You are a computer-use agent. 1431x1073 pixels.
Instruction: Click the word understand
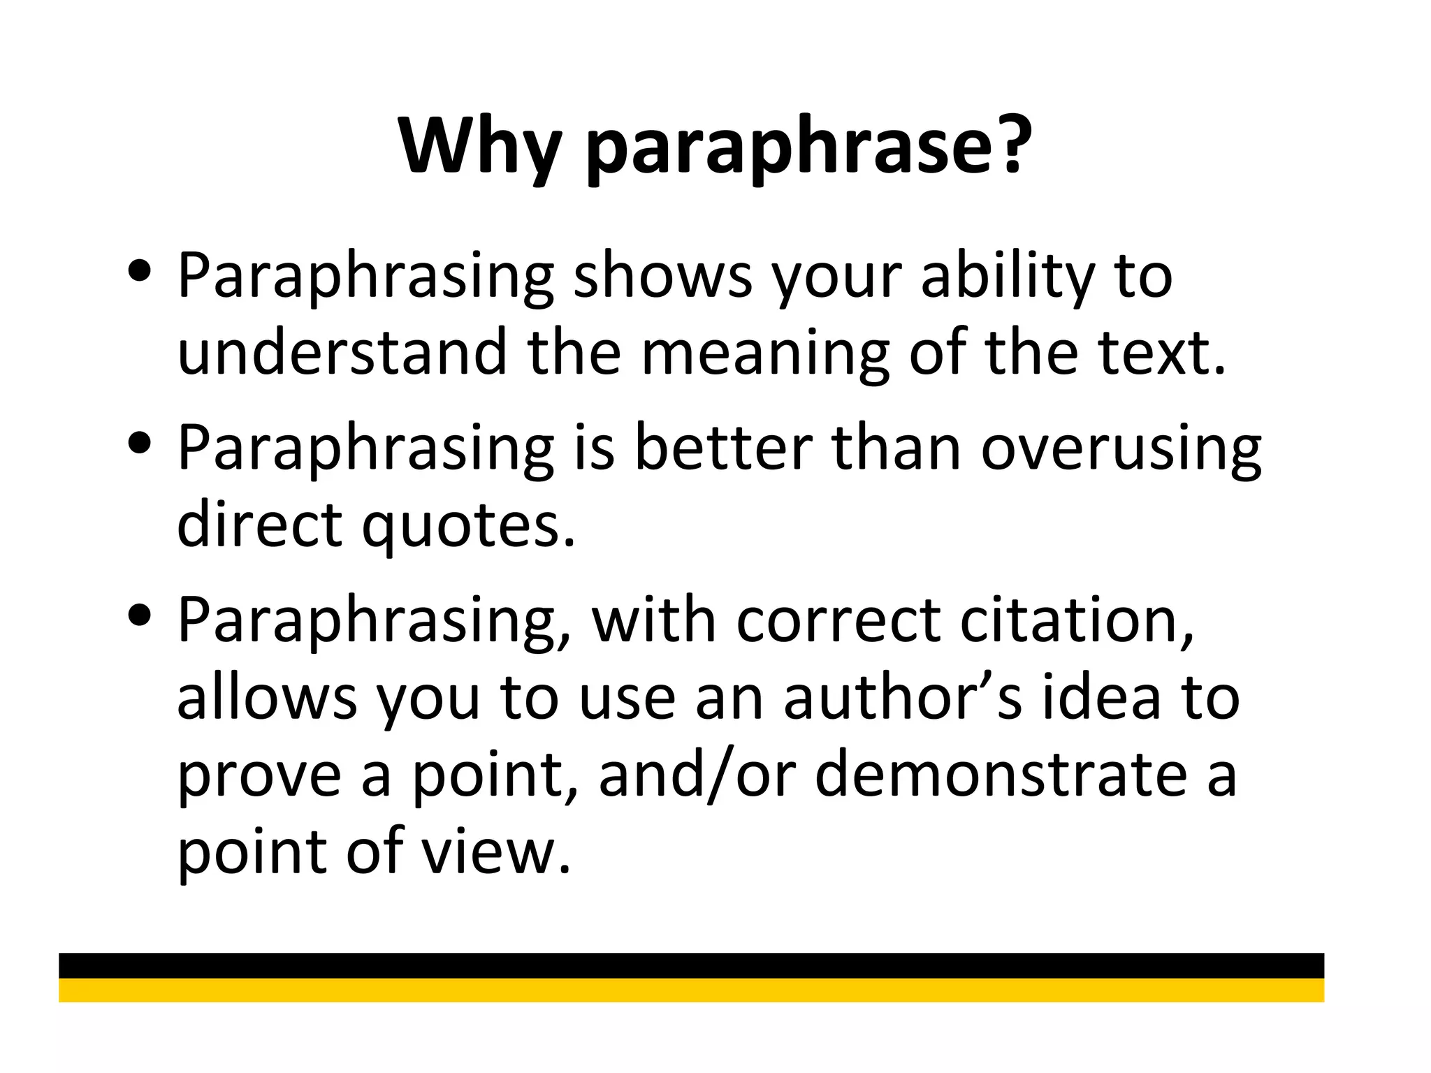click(x=342, y=352)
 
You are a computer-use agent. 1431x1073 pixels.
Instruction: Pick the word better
click(x=723, y=448)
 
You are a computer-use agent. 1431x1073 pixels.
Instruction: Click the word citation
click(x=1076, y=621)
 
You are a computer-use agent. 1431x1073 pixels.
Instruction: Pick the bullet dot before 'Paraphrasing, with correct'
click(x=140, y=615)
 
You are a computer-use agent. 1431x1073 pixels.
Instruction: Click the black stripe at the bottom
click(x=691, y=965)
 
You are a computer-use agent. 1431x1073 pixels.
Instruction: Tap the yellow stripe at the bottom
click(x=691, y=990)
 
